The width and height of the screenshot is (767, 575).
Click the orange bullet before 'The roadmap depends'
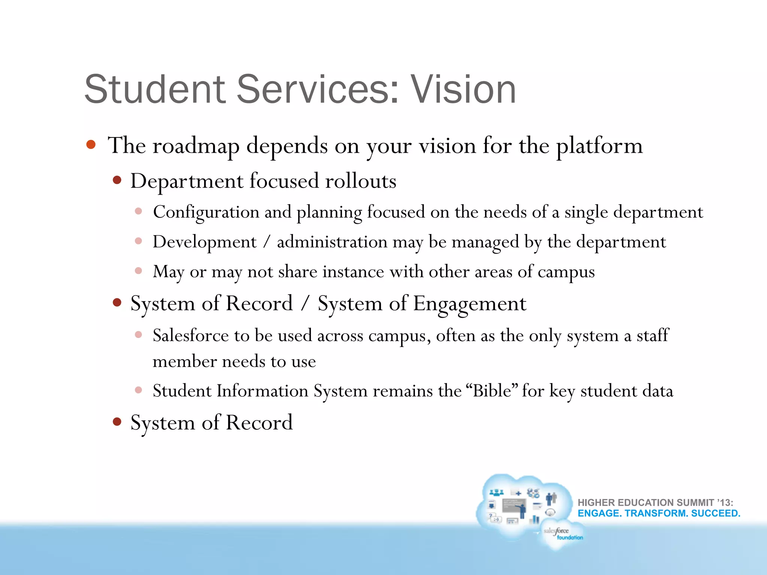point(91,144)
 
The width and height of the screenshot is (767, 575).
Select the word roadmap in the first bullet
point(195,146)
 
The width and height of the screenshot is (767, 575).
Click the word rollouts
point(361,181)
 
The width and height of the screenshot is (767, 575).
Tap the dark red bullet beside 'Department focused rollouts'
point(117,180)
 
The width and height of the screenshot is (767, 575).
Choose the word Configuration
point(206,213)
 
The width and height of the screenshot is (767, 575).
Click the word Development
point(204,242)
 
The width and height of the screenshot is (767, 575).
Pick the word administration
point(332,242)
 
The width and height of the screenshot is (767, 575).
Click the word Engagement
point(470,304)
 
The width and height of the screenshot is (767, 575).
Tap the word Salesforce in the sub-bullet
point(191,335)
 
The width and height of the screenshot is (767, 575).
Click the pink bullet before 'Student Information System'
point(139,390)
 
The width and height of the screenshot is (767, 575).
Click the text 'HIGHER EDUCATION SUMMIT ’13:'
point(655,502)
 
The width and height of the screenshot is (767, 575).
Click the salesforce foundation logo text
point(563,533)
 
